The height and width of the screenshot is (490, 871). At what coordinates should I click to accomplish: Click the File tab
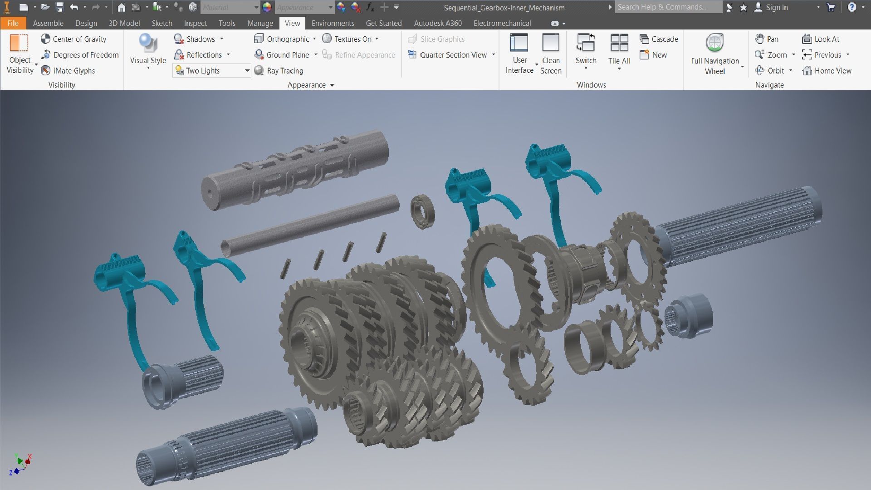(x=13, y=23)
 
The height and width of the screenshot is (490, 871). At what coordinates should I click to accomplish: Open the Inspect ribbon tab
(x=195, y=23)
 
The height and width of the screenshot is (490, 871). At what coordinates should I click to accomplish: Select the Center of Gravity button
(x=74, y=39)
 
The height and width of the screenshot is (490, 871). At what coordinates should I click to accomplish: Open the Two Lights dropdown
(x=247, y=71)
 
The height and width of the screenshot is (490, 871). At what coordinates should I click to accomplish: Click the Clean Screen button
(x=551, y=54)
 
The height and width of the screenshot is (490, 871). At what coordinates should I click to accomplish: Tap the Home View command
(x=827, y=71)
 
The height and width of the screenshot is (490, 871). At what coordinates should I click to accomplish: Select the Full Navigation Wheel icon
(x=714, y=44)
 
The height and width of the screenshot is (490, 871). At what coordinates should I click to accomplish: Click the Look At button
(x=821, y=39)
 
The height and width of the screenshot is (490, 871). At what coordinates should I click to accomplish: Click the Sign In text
(x=776, y=7)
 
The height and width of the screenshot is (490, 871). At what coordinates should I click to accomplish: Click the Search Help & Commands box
(x=668, y=7)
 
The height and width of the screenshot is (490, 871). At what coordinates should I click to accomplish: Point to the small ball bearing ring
(x=422, y=211)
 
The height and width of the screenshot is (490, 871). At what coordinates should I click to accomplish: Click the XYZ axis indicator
(x=20, y=464)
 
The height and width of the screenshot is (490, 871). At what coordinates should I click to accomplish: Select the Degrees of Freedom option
(x=80, y=55)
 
